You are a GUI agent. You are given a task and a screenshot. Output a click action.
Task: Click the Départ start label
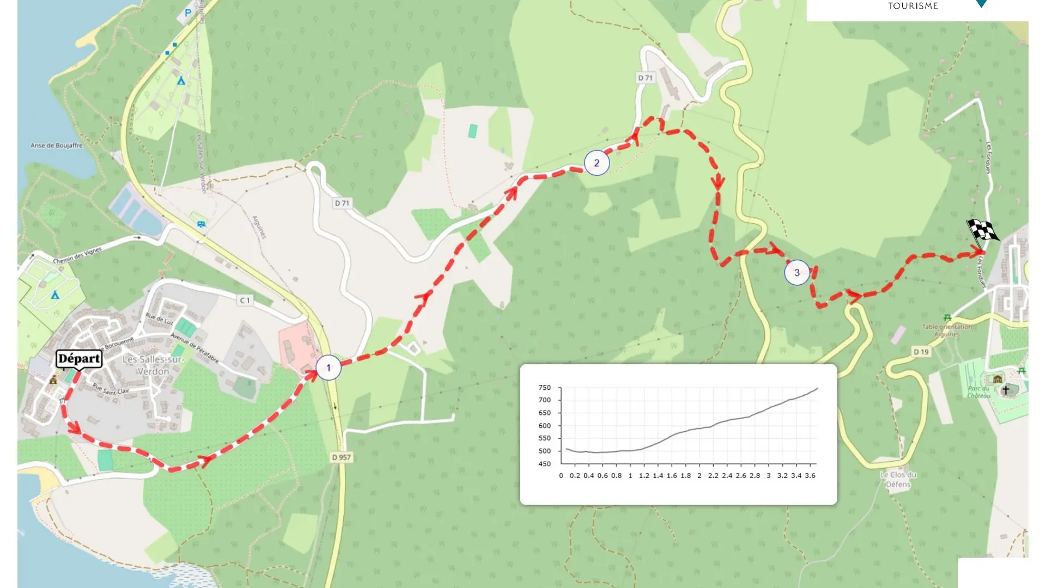point(79,359)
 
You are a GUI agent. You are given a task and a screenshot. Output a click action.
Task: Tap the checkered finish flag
point(982,231)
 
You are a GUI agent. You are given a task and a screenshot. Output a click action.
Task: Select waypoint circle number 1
point(329,367)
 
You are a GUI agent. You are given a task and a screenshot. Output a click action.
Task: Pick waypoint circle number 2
point(597,163)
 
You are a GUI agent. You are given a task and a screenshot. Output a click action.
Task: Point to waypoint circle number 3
point(796,273)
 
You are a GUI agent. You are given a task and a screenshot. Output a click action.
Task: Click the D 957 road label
point(342,457)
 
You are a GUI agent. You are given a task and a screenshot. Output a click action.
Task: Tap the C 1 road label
point(245,300)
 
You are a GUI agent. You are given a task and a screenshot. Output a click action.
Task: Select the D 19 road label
point(921,352)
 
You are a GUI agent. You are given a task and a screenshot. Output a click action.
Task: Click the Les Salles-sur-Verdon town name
point(153,365)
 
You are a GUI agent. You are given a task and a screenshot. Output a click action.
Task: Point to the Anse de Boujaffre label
point(57,145)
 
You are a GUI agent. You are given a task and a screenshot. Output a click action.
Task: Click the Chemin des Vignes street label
point(77,255)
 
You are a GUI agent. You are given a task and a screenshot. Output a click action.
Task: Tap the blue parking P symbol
point(188,13)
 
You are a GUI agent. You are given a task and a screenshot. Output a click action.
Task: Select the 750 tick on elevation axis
point(544,388)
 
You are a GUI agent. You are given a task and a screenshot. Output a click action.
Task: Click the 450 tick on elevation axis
point(544,464)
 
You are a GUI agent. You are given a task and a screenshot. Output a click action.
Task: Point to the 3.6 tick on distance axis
point(810,475)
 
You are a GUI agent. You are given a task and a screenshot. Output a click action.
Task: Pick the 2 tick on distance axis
point(700,475)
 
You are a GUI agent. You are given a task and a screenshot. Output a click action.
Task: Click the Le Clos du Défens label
point(898,479)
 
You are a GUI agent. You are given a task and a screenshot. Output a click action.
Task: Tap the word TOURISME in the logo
point(913,6)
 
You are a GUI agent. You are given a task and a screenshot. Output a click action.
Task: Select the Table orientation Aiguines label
point(947,330)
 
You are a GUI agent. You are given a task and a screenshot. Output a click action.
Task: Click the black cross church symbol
point(1006,390)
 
